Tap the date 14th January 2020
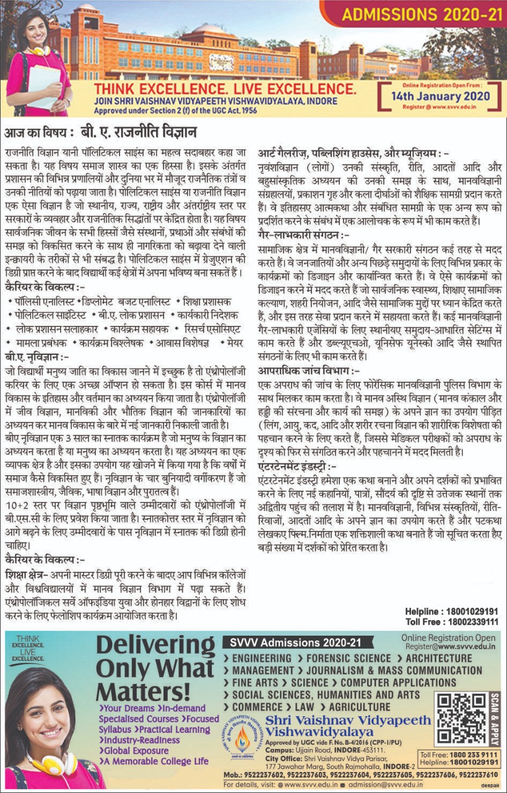(x=441, y=96)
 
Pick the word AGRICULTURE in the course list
(x=360, y=707)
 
